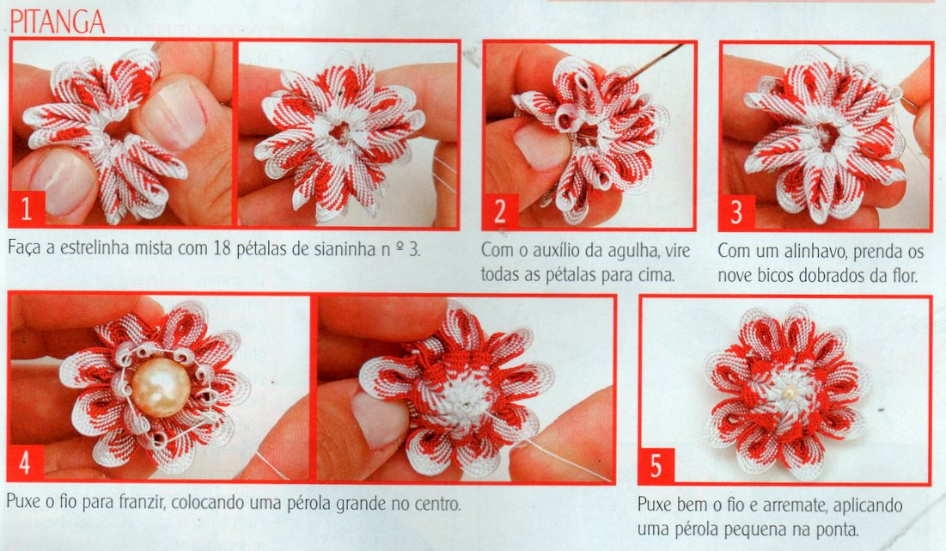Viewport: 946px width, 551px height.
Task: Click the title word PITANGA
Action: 58,21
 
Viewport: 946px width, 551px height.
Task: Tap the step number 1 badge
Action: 27,209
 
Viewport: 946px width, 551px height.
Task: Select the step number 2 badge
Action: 500,211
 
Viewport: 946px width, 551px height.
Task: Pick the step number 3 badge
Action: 736,211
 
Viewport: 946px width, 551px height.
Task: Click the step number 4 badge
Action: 25,462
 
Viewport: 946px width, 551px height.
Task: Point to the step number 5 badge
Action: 656,466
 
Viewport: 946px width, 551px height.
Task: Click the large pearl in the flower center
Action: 161,388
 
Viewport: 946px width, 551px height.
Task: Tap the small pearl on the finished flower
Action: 790,393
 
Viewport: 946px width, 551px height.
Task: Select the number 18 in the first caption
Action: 222,248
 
